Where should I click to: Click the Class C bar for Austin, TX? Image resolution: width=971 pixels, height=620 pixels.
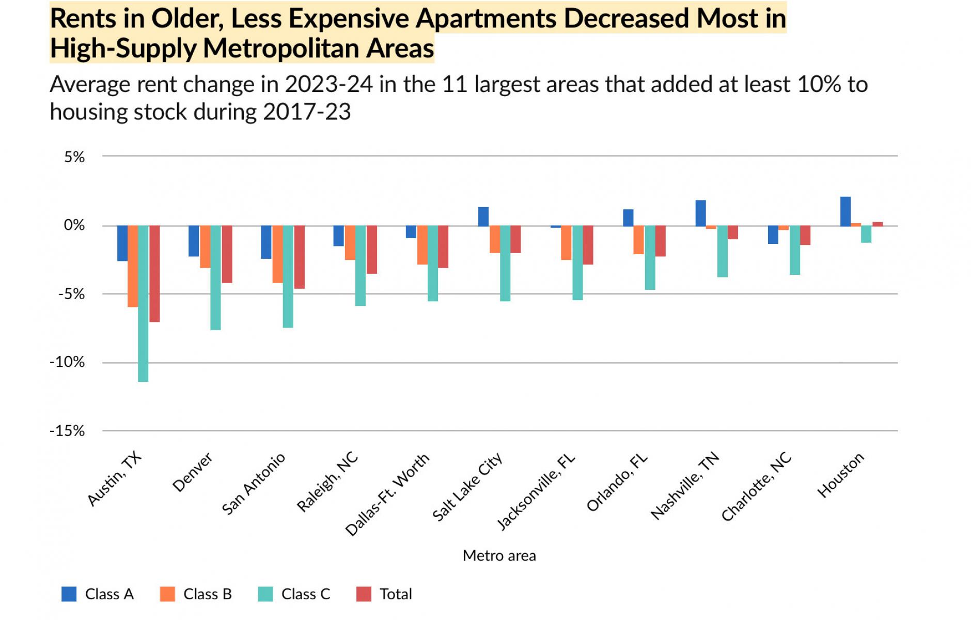click(x=143, y=304)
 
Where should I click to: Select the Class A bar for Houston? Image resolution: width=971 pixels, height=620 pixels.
click(x=845, y=212)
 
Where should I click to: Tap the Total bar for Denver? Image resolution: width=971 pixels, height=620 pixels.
click(x=227, y=254)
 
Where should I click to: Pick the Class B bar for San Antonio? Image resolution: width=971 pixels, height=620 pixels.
click(x=277, y=254)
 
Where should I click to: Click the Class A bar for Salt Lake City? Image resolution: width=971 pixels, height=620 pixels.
click(x=483, y=217)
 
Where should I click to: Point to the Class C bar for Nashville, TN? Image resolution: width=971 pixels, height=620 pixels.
click(x=722, y=252)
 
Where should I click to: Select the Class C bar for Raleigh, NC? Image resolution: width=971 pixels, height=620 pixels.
click(x=360, y=266)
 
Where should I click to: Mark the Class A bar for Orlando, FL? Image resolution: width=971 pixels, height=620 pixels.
click(x=628, y=218)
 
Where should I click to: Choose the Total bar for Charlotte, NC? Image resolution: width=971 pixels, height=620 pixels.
click(x=805, y=236)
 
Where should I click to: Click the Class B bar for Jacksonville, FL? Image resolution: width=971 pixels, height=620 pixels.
click(x=566, y=243)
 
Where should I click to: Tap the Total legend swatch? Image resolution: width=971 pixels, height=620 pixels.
click(x=364, y=594)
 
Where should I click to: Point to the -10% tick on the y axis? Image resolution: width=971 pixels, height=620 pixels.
click(x=67, y=362)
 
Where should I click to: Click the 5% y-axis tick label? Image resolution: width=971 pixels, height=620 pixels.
click(x=74, y=157)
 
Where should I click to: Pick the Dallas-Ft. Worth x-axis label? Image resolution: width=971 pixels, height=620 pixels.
click(x=387, y=494)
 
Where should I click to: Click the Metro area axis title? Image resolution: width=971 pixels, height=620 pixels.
click(x=499, y=556)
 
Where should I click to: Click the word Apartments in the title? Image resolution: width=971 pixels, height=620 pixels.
click(x=487, y=19)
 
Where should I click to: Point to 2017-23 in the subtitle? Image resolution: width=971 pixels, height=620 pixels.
click(x=307, y=112)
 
